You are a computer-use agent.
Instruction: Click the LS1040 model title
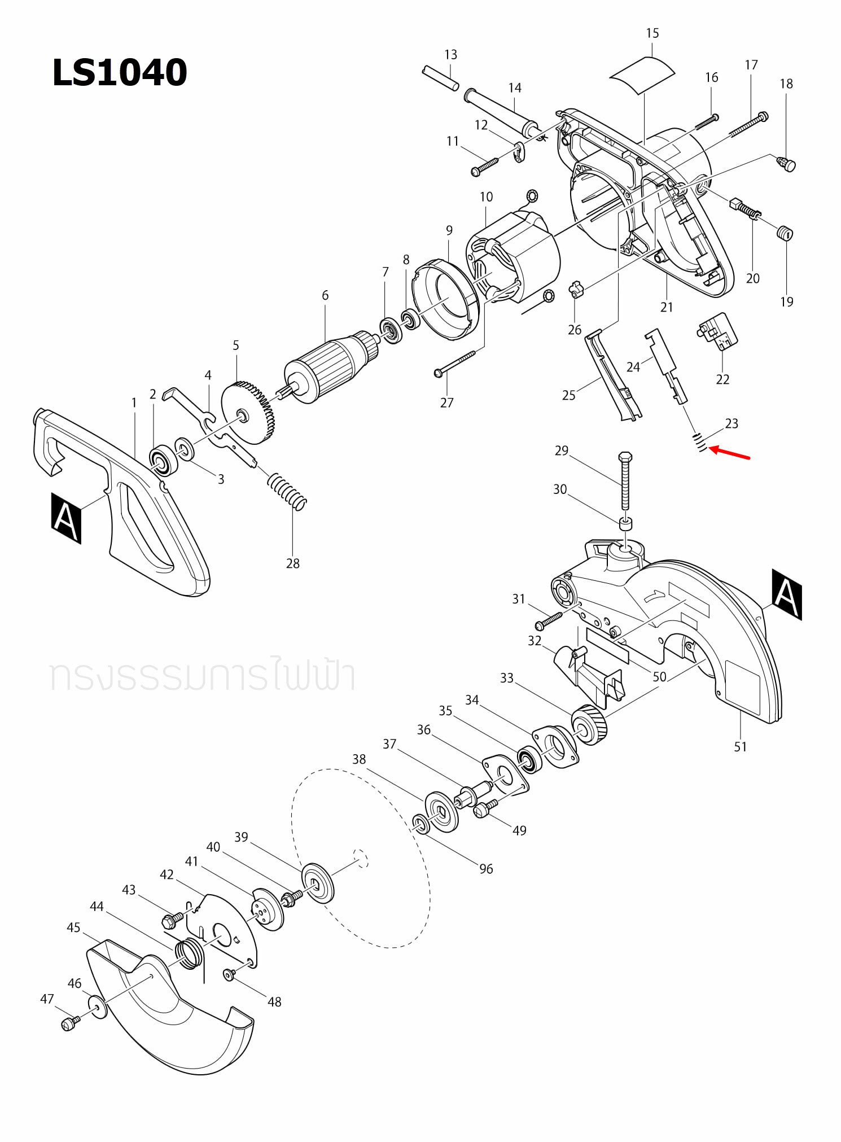click(119, 73)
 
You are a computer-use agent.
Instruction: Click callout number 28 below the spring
click(292, 563)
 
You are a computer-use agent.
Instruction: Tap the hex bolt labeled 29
click(625, 480)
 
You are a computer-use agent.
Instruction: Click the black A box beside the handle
click(66, 518)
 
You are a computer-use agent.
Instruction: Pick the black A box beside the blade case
click(787, 594)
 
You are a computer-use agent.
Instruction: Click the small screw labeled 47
click(69, 1023)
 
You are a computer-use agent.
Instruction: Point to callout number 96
click(486, 869)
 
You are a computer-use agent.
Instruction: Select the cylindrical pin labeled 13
click(440, 78)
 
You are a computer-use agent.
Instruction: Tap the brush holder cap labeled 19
click(785, 233)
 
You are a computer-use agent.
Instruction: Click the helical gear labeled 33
click(589, 726)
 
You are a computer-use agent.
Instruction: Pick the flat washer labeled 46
click(98, 1007)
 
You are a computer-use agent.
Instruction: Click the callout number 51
click(740, 747)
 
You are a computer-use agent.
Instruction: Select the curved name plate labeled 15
click(642, 75)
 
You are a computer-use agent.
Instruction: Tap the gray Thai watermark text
click(202, 676)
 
